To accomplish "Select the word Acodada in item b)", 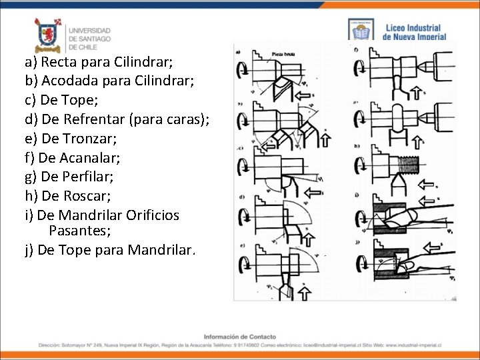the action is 67,81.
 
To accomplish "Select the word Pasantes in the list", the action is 77,231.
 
